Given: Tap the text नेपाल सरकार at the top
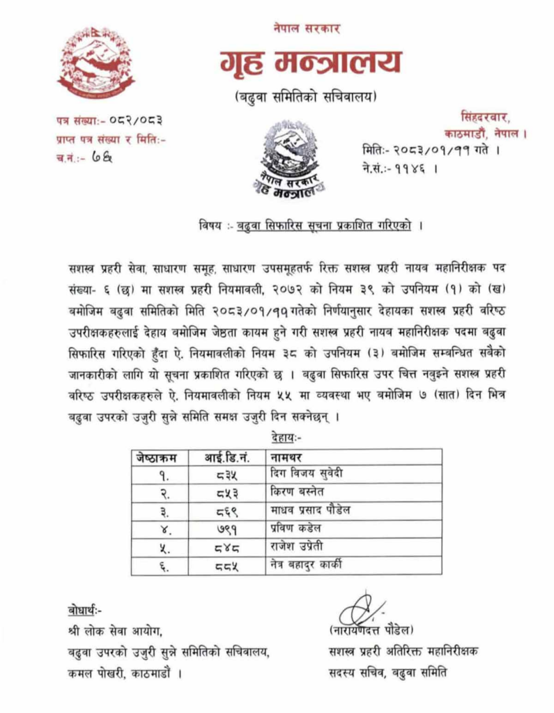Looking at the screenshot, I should point(307,29).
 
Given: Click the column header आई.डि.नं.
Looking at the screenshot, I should point(227,457).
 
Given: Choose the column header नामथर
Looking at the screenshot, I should point(289,457).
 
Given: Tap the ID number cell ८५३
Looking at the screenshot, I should point(226,492).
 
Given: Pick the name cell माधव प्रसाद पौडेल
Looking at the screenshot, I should point(310,510).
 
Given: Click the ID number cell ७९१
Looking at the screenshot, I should point(226,528).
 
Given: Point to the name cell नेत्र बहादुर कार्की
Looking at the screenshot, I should point(311,565).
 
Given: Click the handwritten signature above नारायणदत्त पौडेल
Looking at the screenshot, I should point(362,609).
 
